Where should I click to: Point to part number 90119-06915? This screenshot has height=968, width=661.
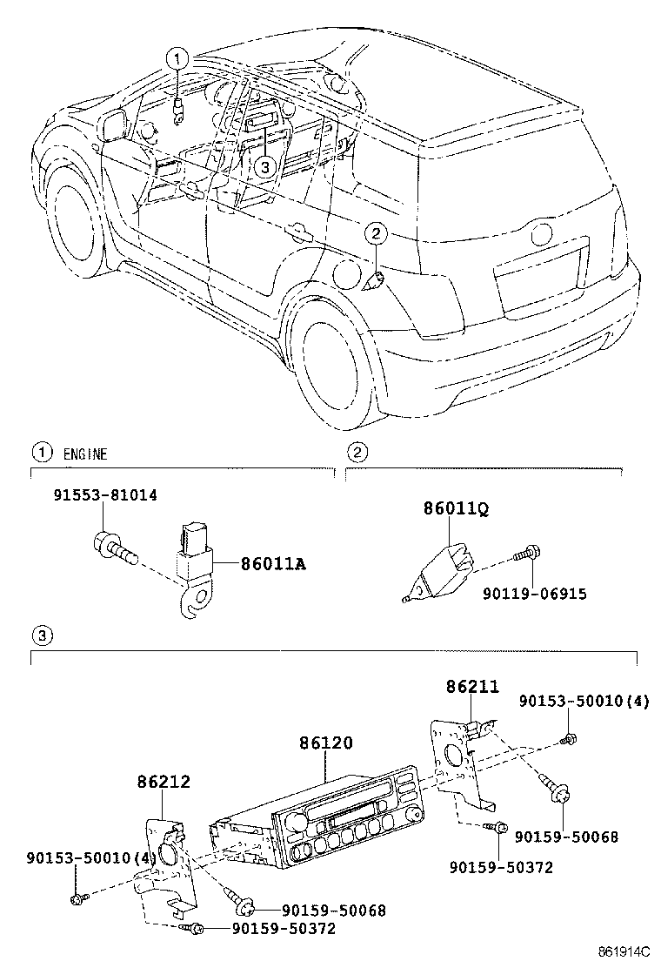(x=535, y=595)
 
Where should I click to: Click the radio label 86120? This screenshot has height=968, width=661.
(x=326, y=744)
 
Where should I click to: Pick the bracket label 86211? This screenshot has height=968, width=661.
(x=472, y=687)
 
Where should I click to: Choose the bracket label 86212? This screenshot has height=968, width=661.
(x=163, y=783)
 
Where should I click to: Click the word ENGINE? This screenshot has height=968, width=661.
(x=85, y=454)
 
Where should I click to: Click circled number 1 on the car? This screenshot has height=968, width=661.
(x=177, y=59)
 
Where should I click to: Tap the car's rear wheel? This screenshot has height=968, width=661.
(x=334, y=357)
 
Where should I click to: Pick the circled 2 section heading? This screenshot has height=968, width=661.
(x=355, y=452)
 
